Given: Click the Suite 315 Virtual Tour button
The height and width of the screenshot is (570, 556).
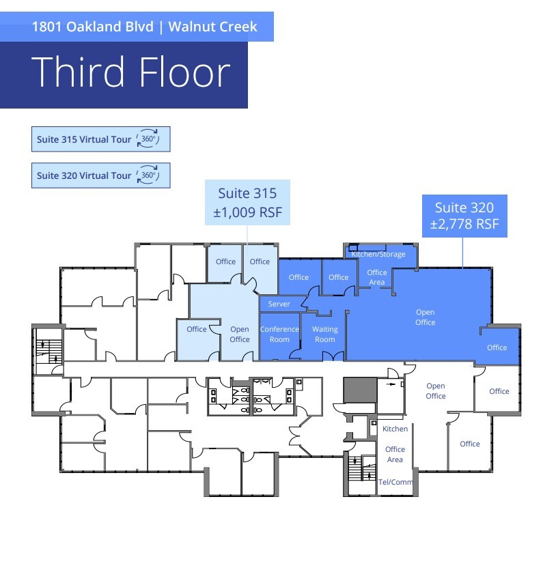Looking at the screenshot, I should coord(100,139).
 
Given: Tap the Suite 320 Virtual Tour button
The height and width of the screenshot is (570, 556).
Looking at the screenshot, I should coord(100,175).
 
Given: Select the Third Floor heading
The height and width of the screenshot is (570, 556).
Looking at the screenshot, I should coord(130,72).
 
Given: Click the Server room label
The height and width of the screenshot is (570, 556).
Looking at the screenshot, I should coord(279,304).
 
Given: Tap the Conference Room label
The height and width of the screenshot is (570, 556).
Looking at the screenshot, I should coord(279,334).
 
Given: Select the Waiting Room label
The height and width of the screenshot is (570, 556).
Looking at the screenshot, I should coord(325,334).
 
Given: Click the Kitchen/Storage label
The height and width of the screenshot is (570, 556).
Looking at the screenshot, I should coord(378,254).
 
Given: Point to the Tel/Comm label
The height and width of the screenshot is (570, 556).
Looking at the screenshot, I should coord(395,482).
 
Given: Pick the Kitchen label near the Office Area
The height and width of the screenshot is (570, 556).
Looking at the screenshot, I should coord(395,429).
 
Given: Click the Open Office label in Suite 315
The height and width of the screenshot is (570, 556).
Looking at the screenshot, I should coord(240,334).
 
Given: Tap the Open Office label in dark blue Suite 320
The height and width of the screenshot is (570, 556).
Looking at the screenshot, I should coord(425,317).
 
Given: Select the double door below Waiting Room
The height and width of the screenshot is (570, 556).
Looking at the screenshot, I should coord(333,356).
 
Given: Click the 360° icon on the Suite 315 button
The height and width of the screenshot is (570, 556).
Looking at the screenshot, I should coord(147,139).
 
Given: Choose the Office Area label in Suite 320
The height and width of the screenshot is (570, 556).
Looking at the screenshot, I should coord(376,277).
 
